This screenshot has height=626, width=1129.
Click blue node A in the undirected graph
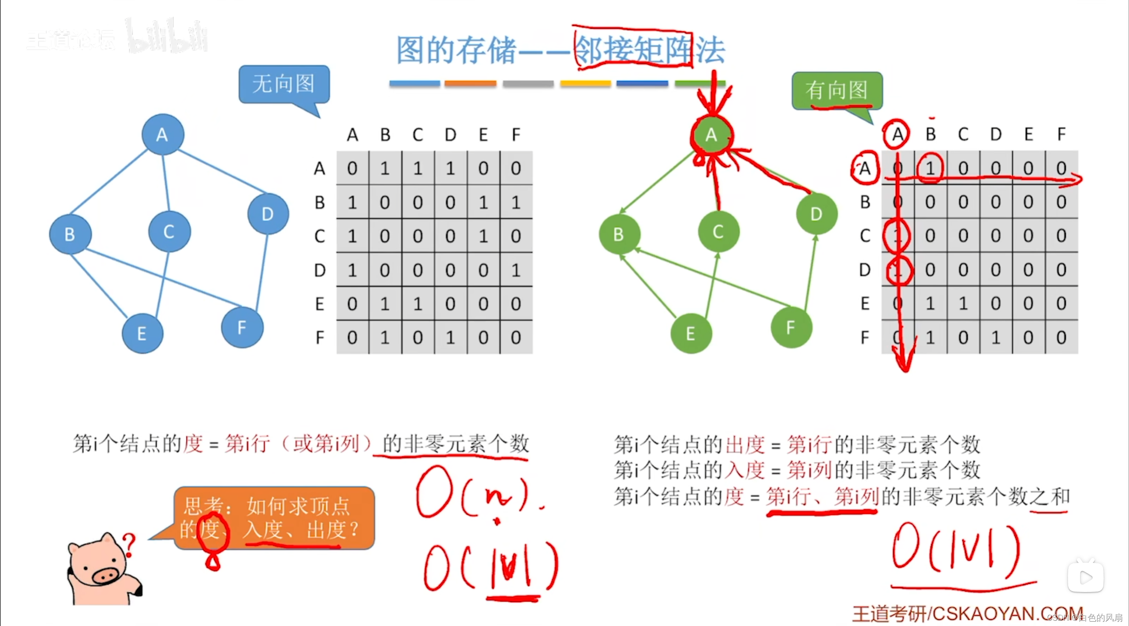[x=163, y=135]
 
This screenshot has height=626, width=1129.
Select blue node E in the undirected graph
[x=142, y=334]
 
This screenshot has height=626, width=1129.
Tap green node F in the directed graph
[x=791, y=328]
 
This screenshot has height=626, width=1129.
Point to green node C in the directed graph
[x=718, y=232]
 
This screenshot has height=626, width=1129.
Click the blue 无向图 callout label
[x=284, y=84]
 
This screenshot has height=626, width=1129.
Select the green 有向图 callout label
[x=837, y=90]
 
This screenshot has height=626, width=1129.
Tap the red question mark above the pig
[x=129, y=544]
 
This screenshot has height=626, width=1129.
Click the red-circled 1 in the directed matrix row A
[x=930, y=168]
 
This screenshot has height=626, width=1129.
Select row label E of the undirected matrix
[x=320, y=304]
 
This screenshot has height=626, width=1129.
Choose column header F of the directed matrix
[x=1061, y=134]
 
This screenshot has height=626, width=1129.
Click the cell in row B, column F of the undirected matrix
[x=516, y=202]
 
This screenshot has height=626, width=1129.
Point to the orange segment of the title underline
[x=470, y=83]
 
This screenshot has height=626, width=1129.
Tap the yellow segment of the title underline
[x=585, y=83]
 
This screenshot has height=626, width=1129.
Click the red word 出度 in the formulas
[x=745, y=445]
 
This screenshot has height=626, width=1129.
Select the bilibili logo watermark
[x=168, y=37]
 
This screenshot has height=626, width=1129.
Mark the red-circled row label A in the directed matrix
[x=864, y=168]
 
